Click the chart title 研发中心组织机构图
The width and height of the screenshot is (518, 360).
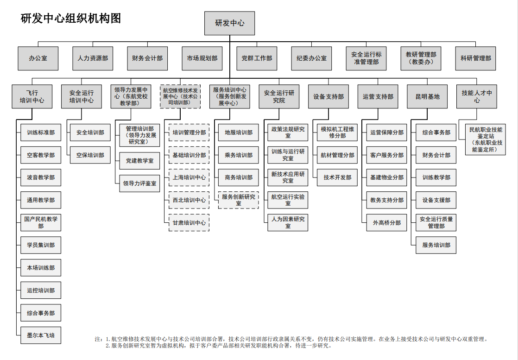point(71,19)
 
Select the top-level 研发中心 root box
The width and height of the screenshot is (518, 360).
point(230,23)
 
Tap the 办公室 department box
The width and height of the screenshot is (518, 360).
point(38,58)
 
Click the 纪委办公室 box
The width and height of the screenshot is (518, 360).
point(311,58)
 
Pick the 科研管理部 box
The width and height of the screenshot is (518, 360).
point(476,58)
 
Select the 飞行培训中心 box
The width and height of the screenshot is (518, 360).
point(32,96)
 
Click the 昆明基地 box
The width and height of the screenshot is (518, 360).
point(427,96)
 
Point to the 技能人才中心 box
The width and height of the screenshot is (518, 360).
point(477,96)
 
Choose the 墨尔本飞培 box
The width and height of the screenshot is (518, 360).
point(41,335)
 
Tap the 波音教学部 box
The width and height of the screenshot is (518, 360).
point(41,177)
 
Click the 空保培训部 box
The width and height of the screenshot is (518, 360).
point(90,155)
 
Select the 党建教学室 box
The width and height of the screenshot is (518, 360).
point(139,161)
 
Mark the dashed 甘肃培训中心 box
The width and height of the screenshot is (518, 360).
point(189,222)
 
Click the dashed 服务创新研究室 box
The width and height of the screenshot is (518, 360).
point(238,200)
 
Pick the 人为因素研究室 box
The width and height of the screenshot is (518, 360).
point(288,222)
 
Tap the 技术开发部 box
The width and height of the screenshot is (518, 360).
point(337,177)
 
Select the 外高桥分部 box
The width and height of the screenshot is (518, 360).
point(386,222)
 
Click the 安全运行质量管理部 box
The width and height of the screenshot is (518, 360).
point(436,222)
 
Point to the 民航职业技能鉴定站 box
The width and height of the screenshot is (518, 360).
point(485,139)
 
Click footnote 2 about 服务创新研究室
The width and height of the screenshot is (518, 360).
point(218,346)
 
